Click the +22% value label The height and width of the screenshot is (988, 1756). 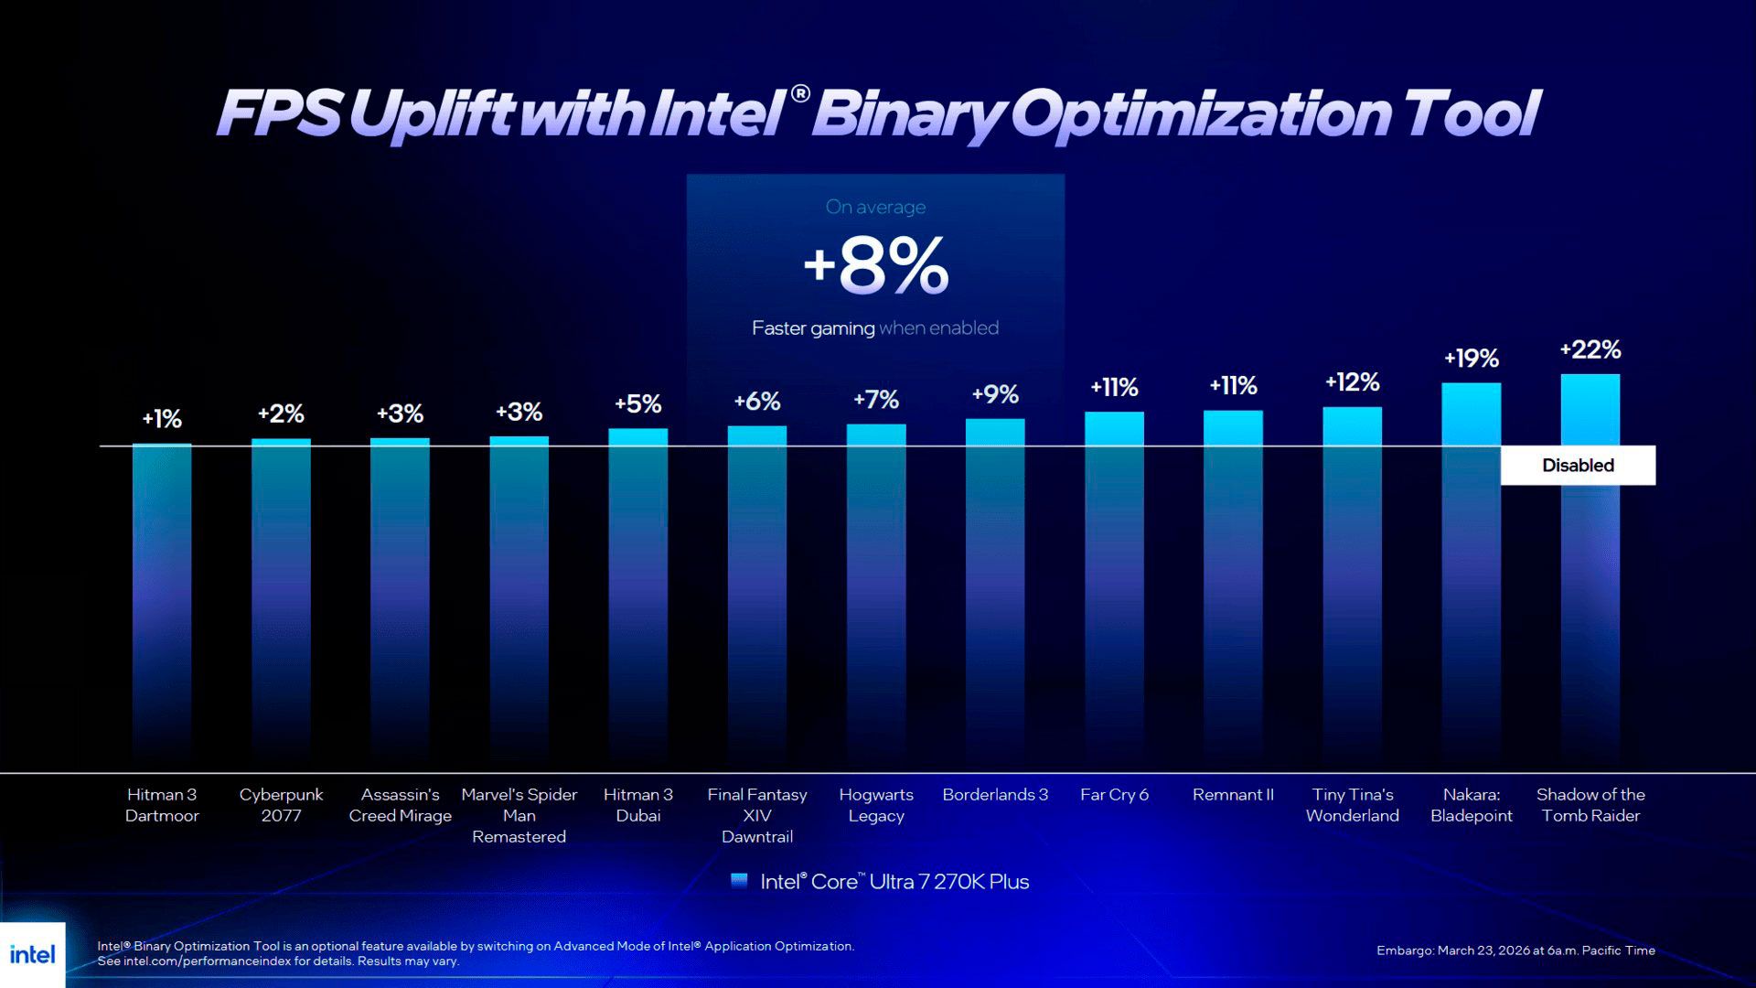(1590, 349)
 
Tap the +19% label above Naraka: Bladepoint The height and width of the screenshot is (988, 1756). (1471, 359)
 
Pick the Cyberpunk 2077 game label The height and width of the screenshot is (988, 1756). (281, 805)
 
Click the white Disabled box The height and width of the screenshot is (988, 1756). (1578, 466)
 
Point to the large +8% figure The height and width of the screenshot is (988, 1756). (876, 266)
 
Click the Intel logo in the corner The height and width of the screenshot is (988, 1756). (33, 955)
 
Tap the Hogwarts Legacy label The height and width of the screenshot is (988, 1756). (876, 805)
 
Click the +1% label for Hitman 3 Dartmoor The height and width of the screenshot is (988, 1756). (162, 419)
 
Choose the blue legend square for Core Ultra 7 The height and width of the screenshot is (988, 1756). (739, 881)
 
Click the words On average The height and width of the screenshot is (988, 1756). (875, 208)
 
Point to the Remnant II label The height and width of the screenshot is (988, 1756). (1233, 795)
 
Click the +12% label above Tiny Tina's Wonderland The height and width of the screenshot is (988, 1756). (1352, 382)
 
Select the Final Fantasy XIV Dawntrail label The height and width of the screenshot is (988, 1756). (757, 815)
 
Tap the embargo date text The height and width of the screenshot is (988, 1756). (1515, 950)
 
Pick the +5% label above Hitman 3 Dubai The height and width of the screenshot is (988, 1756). (637, 404)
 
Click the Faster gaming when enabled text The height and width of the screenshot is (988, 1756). (875, 328)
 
